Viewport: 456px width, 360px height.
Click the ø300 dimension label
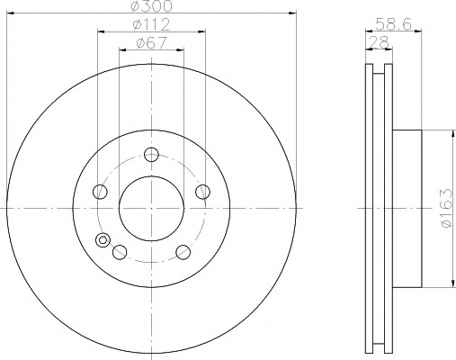click(152, 6)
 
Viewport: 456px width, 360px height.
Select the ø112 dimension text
click(151, 24)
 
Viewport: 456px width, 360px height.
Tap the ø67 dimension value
click(151, 43)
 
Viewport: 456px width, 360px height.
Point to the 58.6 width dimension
click(394, 24)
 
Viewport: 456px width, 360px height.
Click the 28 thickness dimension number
click(379, 42)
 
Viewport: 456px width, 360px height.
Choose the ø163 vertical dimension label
click(447, 208)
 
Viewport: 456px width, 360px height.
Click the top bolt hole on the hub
click(151, 155)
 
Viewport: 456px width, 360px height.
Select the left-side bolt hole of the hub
click(100, 192)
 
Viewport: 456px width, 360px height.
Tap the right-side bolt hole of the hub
click(202, 192)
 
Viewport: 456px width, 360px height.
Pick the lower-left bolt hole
click(120, 252)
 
